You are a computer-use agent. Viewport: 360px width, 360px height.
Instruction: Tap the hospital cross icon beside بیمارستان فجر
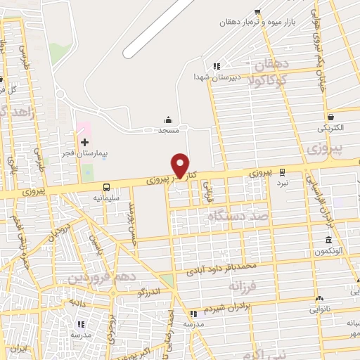(85, 143)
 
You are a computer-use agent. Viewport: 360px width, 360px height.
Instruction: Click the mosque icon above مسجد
(168, 120)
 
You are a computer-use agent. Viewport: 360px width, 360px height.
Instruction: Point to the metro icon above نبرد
(282, 171)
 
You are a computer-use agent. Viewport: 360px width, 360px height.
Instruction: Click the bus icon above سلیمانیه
(106, 187)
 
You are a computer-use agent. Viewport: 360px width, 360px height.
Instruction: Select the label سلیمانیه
(106, 198)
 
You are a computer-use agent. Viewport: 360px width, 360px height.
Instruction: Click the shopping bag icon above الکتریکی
(331, 117)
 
